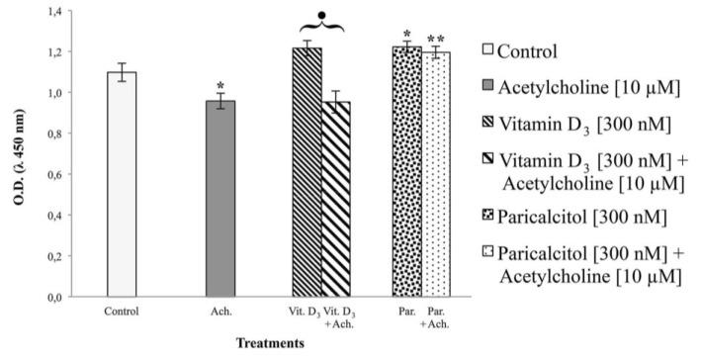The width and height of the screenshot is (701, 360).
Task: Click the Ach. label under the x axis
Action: point(219,312)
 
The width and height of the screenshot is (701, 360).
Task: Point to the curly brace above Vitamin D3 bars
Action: point(321,27)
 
